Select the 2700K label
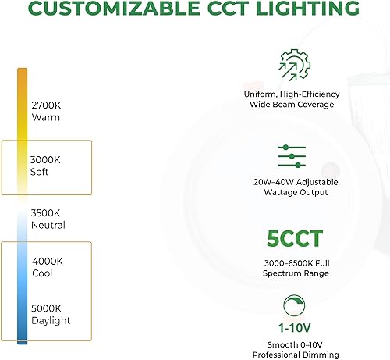coord(46,105)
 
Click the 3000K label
coord(46,159)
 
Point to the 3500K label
coord(46,212)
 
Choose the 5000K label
coord(46,308)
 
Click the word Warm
coord(45,118)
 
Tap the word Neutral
coord(48,225)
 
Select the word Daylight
coord(51,320)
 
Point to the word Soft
coord(41,172)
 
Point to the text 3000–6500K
coord(283,262)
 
